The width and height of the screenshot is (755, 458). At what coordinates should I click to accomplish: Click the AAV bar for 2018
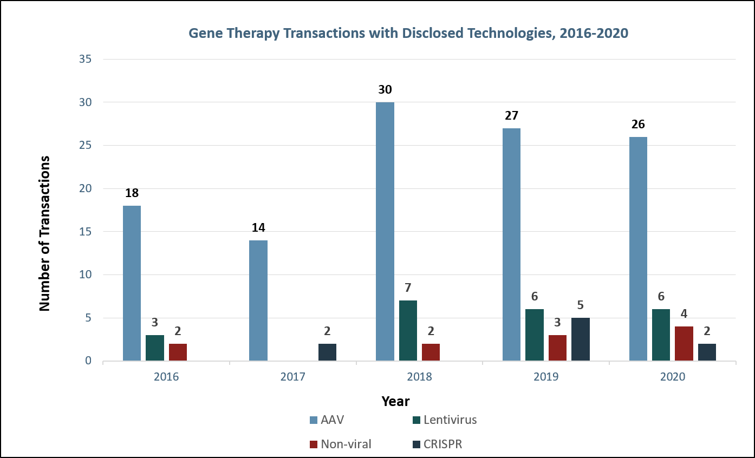pyautogui.click(x=385, y=231)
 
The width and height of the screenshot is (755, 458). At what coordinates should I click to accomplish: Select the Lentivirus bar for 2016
pyautogui.click(x=155, y=348)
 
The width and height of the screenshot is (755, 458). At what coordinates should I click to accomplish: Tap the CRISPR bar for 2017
pyautogui.click(x=327, y=352)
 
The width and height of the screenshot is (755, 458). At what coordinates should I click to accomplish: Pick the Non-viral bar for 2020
pyautogui.click(x=684, y=343)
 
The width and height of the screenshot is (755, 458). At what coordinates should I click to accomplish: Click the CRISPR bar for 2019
pyautogui.click(x=581, y=339)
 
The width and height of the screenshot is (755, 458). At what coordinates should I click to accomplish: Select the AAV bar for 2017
pyautogui.click(x=258, y=300)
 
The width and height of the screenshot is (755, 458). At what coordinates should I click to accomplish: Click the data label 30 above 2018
pyautogui.click(x=385, y=90)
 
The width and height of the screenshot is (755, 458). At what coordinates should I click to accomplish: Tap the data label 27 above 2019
pyautogui.click(x=511, y=116)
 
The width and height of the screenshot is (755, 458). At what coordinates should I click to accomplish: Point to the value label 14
pyautogui.click(x=258, y=228)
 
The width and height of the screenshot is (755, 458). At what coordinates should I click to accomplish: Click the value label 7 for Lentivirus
pyautogui.click(x=408, y=288)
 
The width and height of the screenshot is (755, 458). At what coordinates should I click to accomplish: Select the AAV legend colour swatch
pyautogui.click(x=313, y=420)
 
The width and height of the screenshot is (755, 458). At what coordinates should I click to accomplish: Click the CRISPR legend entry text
pyautogui.click(x=443, y=444)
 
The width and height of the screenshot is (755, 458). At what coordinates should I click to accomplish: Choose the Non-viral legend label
pyautogui.click(x=346, y=444)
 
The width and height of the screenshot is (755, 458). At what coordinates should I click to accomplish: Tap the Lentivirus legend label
pyautogui.click(x=450, y=420)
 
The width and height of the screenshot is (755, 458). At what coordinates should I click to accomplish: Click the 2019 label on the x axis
pyautogui.click(x=546, y=377)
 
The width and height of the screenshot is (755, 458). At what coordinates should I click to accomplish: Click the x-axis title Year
pyautogui.click(x=395, y=401)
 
